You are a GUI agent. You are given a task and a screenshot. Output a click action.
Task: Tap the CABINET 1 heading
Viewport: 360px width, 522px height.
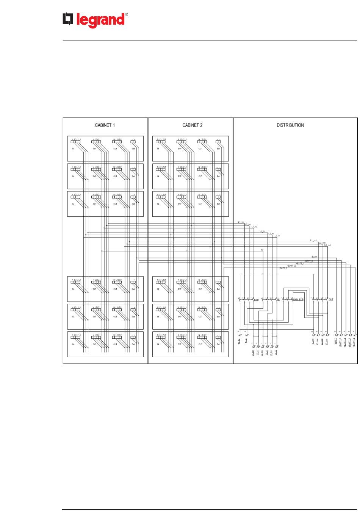(x=105, y=125)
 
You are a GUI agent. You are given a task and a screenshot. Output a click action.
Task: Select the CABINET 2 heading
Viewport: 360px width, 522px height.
(x=192, y=125)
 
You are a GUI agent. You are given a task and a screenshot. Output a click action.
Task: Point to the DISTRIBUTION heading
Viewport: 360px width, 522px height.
(x=290, y=125)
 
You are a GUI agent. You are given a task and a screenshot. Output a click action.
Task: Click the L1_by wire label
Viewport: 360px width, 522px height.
(x=241, y=222)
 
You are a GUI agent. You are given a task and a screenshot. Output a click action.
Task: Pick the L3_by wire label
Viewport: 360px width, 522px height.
(x=254, y=227)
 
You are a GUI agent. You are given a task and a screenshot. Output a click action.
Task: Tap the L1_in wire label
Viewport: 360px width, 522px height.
(x=262, y=231)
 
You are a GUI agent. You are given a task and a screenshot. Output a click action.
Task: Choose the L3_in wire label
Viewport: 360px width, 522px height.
(x=277, y=236)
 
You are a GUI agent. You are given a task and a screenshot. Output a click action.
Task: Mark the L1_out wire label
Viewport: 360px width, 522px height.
(x=313, y=240)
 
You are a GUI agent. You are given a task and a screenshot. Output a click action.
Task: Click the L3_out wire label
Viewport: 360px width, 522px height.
(x=327, y=245)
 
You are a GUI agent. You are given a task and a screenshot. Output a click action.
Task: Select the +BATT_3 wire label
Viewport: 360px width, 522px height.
(x=283, y=268)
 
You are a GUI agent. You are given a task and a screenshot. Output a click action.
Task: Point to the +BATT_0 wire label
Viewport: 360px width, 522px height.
(x=308, y=261)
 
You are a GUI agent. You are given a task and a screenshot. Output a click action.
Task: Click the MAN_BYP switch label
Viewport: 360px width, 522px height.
(x=298, y=300)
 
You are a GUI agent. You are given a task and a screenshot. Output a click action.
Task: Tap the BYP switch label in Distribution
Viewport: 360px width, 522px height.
(x=256, y=300)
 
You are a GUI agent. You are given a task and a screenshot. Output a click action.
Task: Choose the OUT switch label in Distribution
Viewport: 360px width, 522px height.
(x=331, y=299)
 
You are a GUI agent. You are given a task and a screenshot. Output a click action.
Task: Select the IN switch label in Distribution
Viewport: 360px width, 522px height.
(x=278, y=300)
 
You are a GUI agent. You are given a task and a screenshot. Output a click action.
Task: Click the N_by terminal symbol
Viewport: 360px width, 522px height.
(x=239, y=335)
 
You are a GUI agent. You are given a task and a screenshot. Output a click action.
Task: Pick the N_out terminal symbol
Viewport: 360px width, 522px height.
(x=313, y=335)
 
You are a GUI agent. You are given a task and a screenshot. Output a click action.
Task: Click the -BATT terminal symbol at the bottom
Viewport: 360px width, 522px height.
(x=337, y=335)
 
